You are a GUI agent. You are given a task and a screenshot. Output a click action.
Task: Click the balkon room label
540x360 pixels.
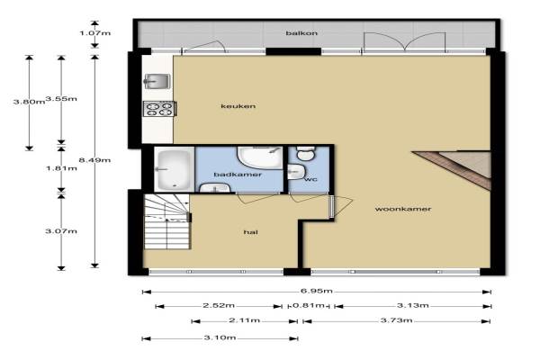(301, 33)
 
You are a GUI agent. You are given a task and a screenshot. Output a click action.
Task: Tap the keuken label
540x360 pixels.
(238, 106)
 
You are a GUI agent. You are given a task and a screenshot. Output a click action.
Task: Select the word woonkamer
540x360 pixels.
(403, 209)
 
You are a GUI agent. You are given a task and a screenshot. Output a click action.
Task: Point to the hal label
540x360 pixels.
(251, 232)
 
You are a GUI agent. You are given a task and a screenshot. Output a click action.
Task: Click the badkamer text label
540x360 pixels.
(238, 175)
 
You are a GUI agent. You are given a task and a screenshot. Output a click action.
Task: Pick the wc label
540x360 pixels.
(310, 179)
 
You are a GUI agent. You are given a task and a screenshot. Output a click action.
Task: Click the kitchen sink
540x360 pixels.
(157, 82)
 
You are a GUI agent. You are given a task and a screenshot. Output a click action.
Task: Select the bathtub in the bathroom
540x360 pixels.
(174, 169)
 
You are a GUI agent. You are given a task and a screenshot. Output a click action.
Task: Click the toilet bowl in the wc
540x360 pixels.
(305, 153)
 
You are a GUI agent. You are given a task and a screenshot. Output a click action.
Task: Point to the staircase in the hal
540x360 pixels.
(166, 221)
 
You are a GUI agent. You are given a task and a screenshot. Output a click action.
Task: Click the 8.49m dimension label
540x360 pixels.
(94, 160)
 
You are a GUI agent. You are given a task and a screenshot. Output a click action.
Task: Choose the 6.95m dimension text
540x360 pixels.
(317, 291)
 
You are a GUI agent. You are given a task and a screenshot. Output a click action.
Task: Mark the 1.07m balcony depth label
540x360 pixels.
(95, 33)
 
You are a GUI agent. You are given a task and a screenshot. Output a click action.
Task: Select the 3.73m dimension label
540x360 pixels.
(396, 320)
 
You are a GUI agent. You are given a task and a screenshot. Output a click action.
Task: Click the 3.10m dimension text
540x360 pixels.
(220, 337)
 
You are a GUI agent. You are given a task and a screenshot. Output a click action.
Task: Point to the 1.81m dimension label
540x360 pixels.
(61, 168)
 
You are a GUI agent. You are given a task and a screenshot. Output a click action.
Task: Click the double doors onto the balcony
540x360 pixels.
(405, 42)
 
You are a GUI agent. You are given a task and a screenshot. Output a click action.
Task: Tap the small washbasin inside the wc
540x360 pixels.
(296, 171)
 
